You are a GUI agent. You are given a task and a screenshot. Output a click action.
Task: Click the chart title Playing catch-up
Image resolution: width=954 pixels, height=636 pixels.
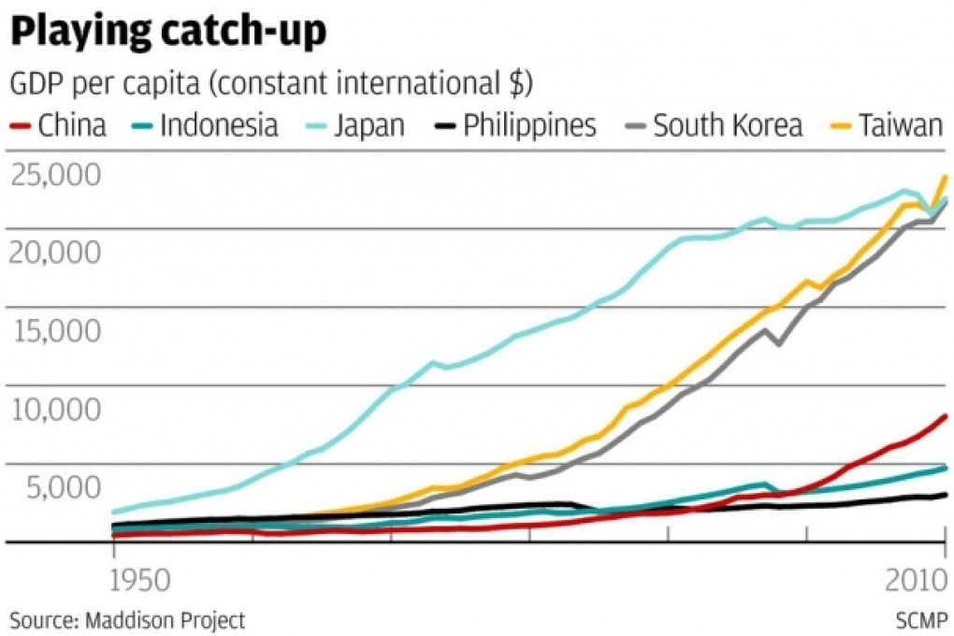pyautogui.click(x=168, y=32)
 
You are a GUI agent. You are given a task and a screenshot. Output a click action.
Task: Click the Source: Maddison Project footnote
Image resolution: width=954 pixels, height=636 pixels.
pyautogui.click(x=127, y=619)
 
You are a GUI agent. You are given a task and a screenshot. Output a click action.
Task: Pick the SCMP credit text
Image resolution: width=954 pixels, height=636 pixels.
pyautogui.click(x=920, y=619)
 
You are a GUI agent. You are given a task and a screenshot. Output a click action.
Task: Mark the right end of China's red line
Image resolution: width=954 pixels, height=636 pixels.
pyautogui.click(x=946, y=416)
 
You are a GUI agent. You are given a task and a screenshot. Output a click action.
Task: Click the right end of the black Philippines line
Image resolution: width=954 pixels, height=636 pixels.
pyautogui.click(x=946, y=495)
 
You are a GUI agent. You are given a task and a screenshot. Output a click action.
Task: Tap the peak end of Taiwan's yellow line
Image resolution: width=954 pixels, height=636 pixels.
pyautogui.click(x=946, y=176)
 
